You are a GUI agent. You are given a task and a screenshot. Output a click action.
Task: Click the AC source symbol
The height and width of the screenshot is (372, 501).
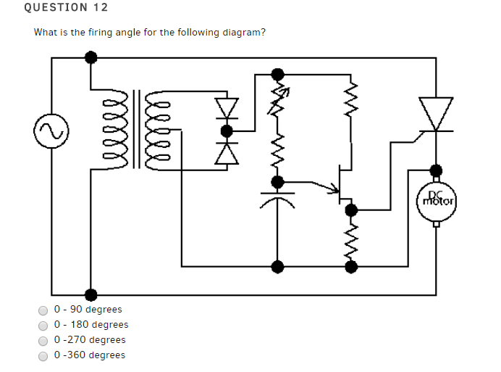[x=50, y=131]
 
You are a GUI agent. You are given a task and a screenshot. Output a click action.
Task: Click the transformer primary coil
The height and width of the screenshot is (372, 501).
[x=118, y=131]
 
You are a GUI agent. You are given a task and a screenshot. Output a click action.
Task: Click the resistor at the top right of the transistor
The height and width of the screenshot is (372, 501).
[x=351, y=94]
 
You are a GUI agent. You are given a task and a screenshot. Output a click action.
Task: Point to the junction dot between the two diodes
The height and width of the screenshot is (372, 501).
[x=227, y=131]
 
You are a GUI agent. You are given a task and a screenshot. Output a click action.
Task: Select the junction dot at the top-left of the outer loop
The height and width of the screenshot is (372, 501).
[x=90, y=57]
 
